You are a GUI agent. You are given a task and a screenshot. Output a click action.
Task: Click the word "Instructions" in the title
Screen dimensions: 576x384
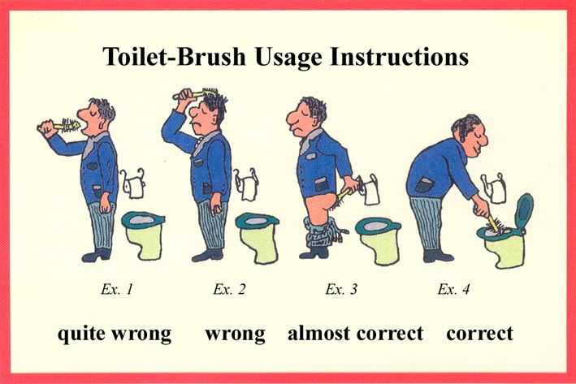point(400,57)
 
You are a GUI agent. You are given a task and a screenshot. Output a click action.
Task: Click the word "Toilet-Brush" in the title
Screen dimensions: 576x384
point(174,57)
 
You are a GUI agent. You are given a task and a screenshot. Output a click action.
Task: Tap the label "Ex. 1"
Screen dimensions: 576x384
point(117,289)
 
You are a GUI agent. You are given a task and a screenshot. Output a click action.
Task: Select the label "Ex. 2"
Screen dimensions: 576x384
point(229,289)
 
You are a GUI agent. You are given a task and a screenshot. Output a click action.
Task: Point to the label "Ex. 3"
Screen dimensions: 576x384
point(341,289)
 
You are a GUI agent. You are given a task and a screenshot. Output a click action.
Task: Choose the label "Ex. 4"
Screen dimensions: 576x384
point(453,289)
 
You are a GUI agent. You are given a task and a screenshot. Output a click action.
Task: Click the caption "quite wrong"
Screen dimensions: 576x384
point(115,334)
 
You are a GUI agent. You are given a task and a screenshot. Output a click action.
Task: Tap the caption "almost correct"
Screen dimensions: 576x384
point(356,334)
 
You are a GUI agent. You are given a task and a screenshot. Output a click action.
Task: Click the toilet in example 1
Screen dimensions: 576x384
point(143,235)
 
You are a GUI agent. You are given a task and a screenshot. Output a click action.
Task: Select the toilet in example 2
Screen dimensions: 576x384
point(258,238)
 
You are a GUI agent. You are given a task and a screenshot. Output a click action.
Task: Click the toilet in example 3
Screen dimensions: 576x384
point(379,240)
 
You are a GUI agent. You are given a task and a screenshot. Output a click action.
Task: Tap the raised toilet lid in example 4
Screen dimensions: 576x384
point(524,212)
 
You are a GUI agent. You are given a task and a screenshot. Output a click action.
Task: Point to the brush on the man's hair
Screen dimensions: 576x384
point(196,93)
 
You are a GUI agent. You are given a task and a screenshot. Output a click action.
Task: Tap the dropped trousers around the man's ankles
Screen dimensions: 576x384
point(323,232)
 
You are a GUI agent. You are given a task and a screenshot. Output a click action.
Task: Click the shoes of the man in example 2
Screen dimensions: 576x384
point(207,255)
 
